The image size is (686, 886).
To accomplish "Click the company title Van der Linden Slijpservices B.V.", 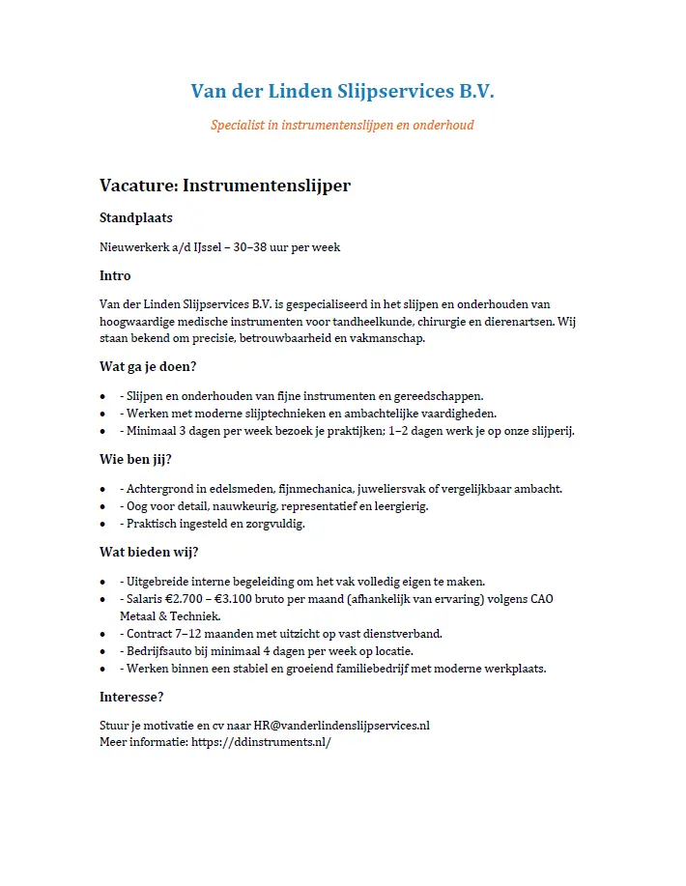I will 342,92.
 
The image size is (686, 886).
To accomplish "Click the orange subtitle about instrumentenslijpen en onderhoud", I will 342,126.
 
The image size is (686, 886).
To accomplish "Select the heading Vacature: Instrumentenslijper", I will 224,186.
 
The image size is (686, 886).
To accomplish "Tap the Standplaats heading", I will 136,217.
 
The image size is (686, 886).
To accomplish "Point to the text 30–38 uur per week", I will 287,247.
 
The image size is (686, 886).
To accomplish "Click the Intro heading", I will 115,276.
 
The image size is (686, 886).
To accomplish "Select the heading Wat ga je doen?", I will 148,366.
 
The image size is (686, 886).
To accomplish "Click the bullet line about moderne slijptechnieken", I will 307,414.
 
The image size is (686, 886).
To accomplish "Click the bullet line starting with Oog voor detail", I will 273,506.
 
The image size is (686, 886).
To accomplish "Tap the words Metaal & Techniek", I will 170,616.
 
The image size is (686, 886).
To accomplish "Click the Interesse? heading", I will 131,697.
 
